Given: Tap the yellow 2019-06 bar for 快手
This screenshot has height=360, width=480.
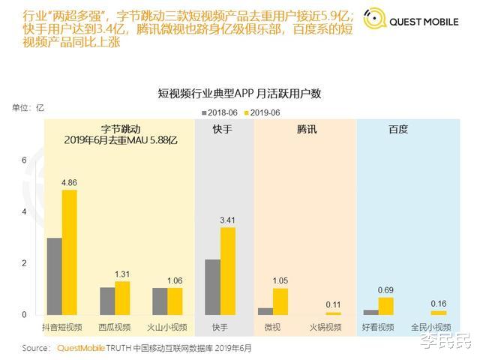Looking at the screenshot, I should coord(228,271).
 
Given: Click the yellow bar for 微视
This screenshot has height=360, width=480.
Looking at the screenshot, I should coord(280,301).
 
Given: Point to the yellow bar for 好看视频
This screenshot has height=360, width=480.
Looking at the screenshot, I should coord(386,305).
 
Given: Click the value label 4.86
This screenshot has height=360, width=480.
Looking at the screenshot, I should coord(70,182).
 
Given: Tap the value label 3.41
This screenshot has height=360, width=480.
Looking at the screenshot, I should coord(228,220).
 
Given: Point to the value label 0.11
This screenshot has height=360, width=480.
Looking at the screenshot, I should coord(333,304).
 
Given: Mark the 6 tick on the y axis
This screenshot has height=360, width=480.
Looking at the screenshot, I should coord(24,160).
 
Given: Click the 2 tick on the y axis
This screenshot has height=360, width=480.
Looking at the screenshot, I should coord(24,263).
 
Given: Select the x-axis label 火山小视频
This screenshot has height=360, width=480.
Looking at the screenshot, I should coord(167,328).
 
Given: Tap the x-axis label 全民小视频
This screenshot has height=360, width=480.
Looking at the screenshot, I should coord(430,328).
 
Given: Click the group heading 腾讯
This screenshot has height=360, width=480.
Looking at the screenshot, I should coord(307,129).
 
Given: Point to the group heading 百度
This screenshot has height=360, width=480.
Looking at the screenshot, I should coord(398,129).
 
